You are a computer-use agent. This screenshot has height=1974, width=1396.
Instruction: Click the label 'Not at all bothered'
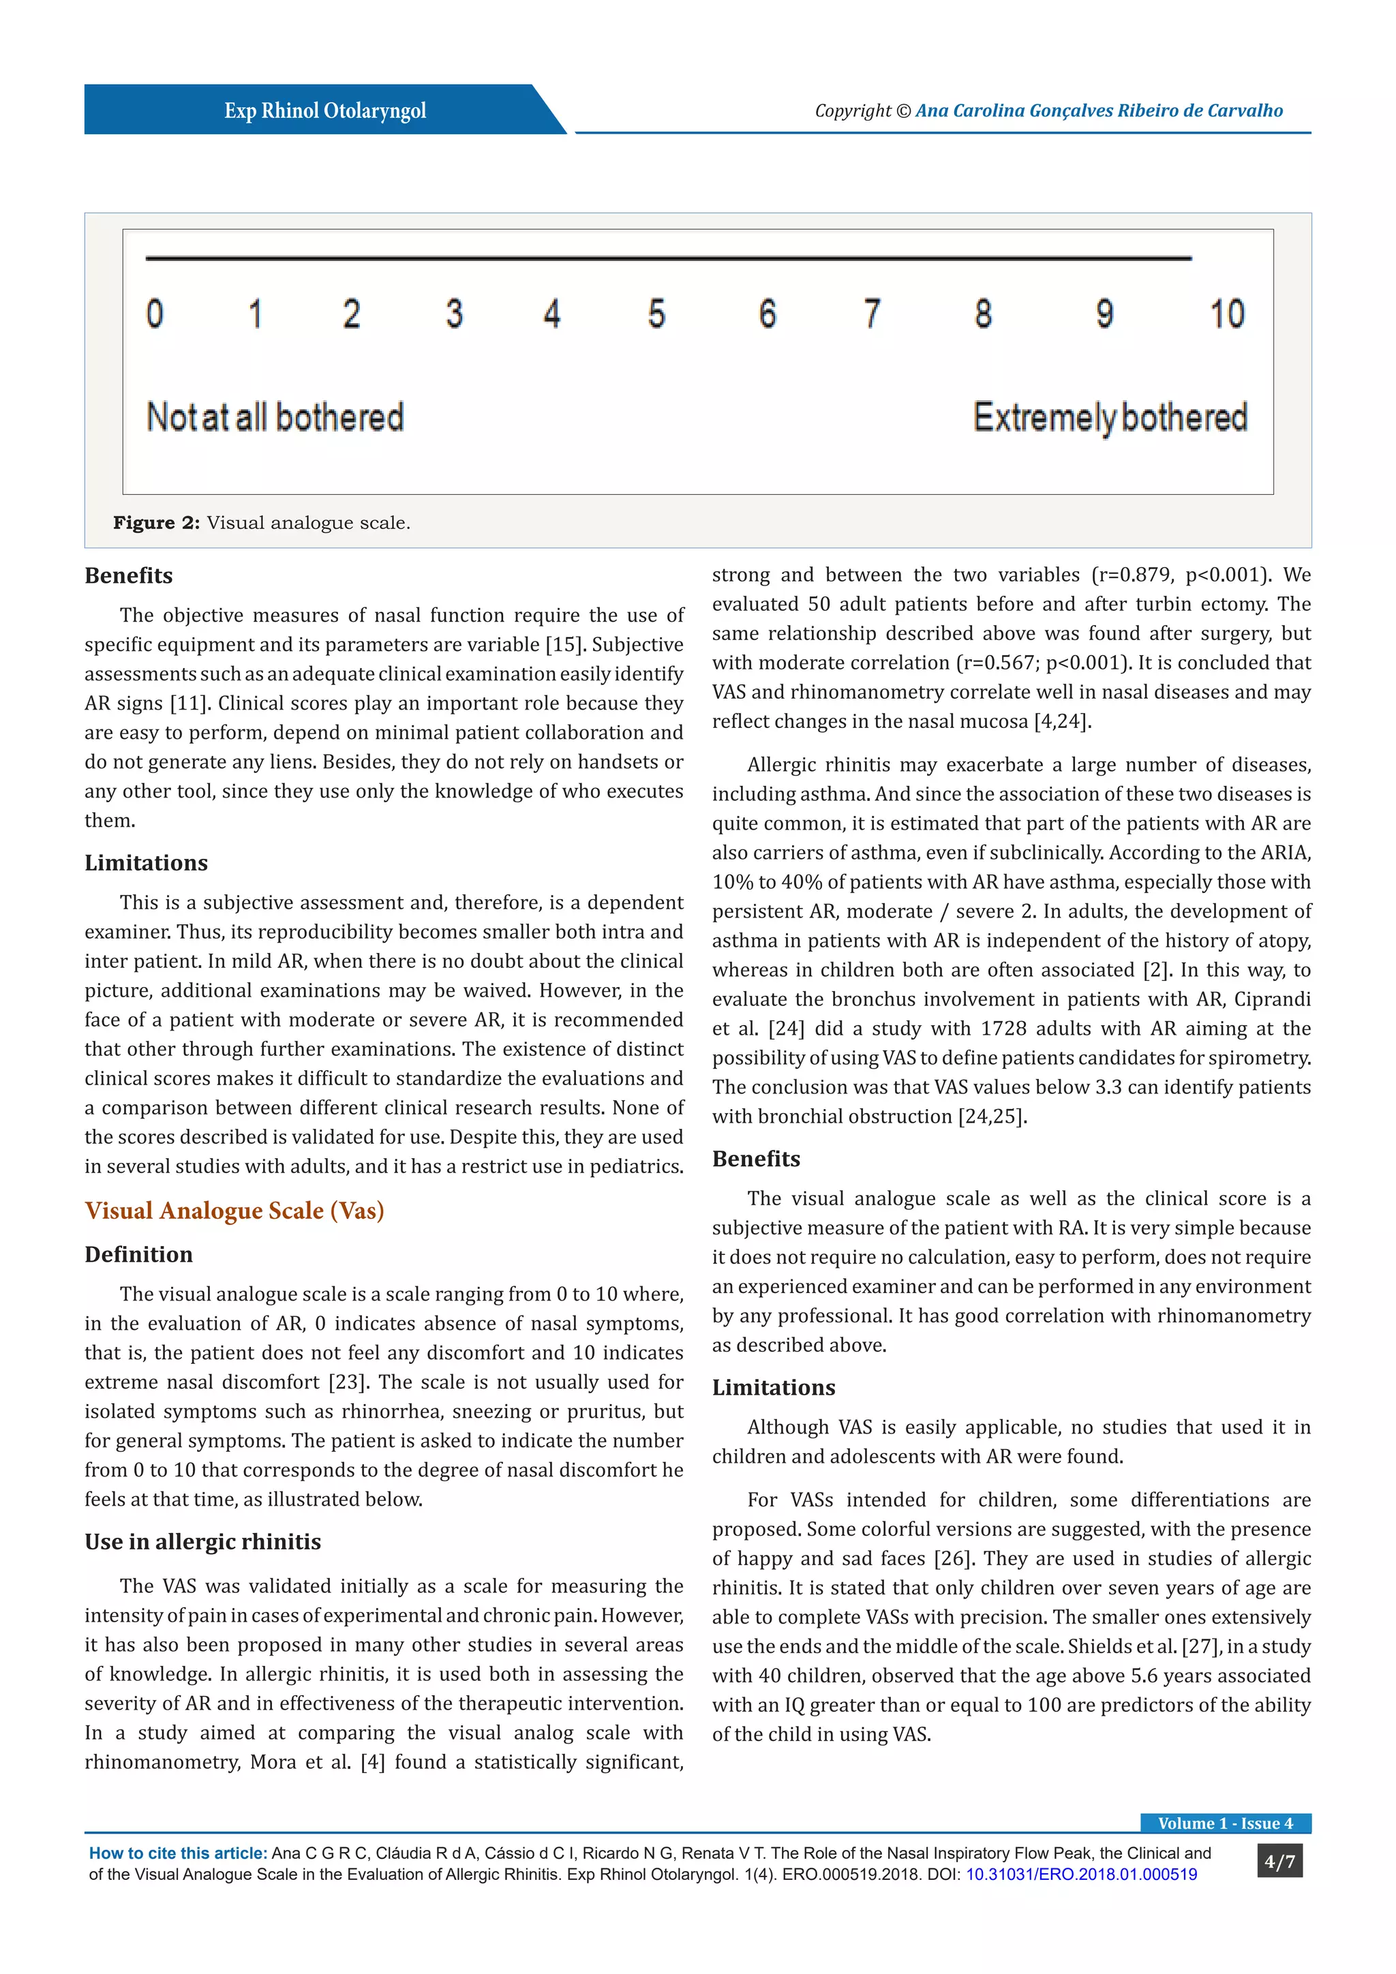pyautogui.click(x=275, y=418)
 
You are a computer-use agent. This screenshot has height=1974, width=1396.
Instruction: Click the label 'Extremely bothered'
pyautogui.click(x=1110, y=418)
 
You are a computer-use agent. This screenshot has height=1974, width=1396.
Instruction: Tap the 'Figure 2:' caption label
pyautogui.click(x=157, y=523)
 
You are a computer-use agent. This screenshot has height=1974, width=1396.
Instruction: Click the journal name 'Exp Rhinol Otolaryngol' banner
pyautogui.click(x=325, y=111)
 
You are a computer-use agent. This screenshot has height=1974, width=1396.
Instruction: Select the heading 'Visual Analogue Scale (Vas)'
pyautogui.click(x=234, y=1211)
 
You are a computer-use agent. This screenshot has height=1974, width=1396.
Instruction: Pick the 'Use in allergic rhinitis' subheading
pyautogui.click(x=203, y=1542)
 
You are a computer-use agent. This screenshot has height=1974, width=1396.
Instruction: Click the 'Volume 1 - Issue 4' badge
pyautogui.click(x=1225, y=1823)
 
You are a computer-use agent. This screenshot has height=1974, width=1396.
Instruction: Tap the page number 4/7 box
pyautogui.click(x=1279, y=1862)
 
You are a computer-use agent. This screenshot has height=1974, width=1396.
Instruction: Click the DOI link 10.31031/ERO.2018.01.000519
pyautogui.click(x=1081, y=1874)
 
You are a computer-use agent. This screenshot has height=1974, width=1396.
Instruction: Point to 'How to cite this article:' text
pyautogui.click(x=178, y=1853)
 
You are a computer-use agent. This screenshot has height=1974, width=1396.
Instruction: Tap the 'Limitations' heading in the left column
pyautogui.click(x=146, y=862)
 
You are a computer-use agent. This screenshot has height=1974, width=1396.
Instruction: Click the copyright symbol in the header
pyautogui.click(x=902, y=111)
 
